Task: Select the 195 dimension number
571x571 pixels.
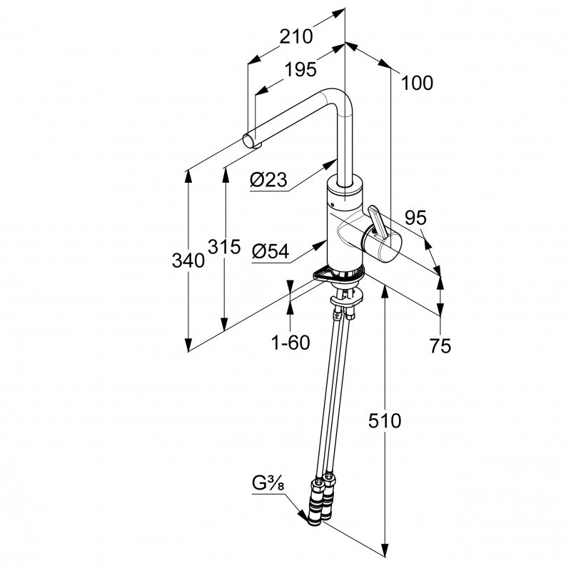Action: (300, 70)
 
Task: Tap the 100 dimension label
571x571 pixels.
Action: (417, 83)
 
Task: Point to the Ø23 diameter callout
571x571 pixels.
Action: (269, 181)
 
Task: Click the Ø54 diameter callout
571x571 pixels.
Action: (270, 251)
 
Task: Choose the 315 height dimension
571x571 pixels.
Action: (224, 246)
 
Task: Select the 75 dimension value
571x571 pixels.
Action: (441, 346)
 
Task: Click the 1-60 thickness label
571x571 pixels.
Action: (290, 343)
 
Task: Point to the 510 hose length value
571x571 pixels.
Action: (386, 420)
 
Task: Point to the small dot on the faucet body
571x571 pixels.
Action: (333, 206)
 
